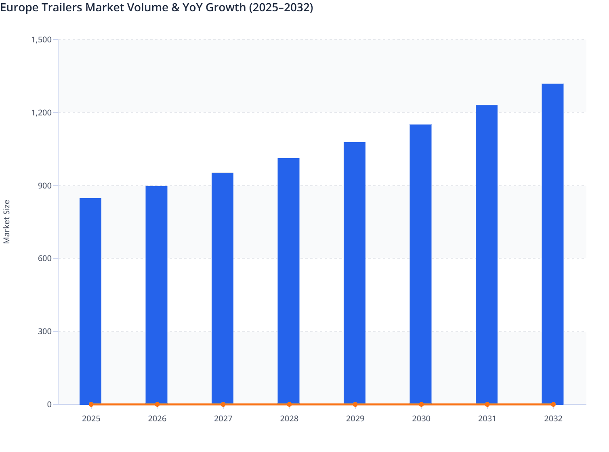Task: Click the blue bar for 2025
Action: [x=90, y=301]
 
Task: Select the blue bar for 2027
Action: [x=223, y=288]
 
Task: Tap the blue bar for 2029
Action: [x=355, y=273]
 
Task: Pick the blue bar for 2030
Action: [x=420, y=264]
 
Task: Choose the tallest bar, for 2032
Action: [x=552, y=244]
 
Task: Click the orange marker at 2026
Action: [x=157, y=404]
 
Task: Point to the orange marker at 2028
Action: [x=289, y=404]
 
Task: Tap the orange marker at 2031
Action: [x=487, y=404]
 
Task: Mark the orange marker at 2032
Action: [x=553, y=404]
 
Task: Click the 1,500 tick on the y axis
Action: [x=41, y=40]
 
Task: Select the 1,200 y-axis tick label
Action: [x=41, y=113]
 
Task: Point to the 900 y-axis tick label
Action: [x=45, y=186]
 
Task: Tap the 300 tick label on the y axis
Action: [x=45, y=331]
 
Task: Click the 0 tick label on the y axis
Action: [x=49, y=404]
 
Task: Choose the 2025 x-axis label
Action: [x=91, y=419]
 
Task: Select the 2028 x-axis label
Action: [x=289, y=419]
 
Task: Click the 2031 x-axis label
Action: [x=487, y=419]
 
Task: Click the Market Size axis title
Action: [x=6, y=222]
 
